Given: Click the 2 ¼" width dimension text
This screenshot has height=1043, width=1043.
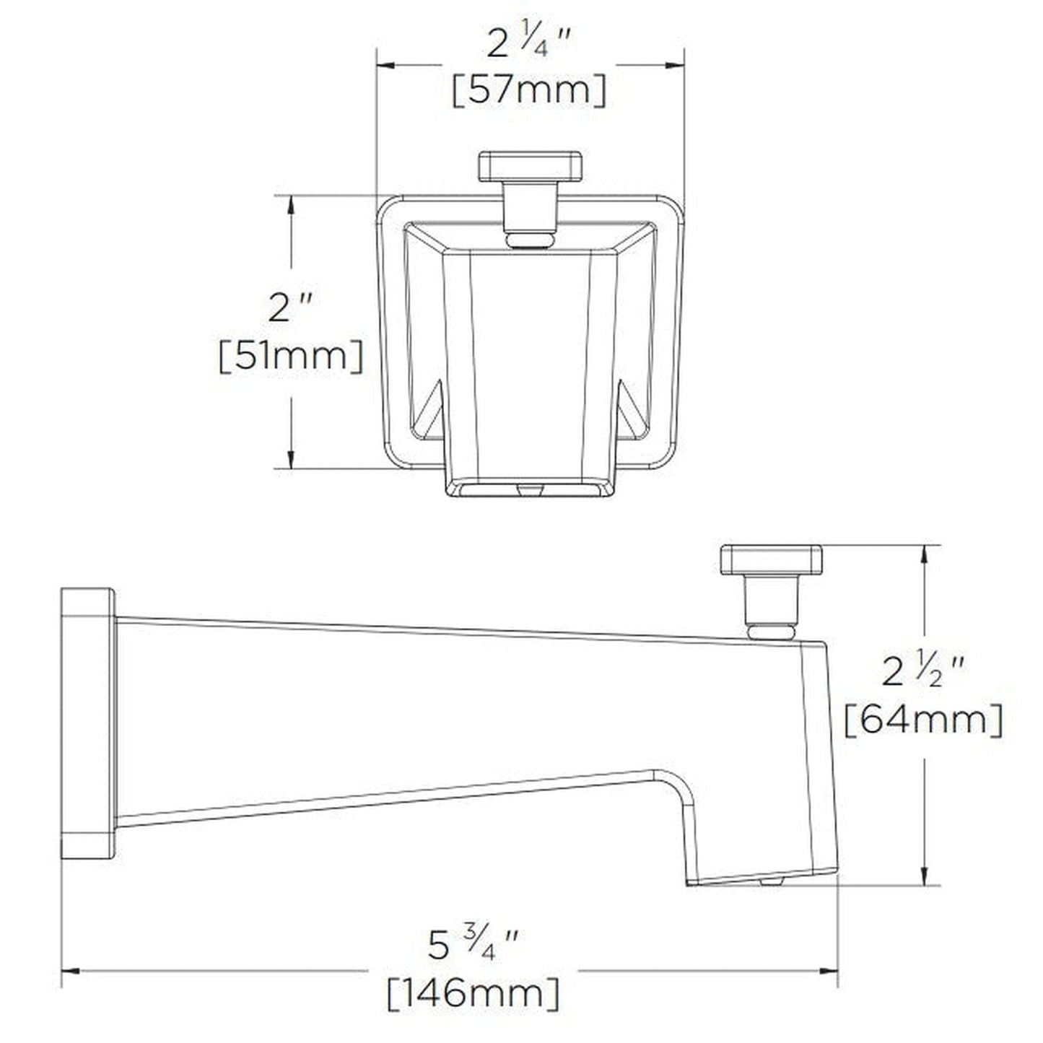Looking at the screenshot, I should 529,45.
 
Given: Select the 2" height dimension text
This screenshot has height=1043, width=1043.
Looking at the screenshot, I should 290,309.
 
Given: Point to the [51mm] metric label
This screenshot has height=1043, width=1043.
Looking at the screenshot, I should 291,357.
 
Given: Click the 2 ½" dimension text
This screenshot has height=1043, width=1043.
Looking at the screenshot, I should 923,673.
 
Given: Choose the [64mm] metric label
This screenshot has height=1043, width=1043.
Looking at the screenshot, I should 923,719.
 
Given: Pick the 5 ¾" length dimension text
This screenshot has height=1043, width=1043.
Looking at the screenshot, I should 473,946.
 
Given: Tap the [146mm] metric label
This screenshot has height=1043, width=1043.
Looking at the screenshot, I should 473,994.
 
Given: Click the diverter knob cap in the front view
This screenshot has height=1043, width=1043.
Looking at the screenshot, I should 530,166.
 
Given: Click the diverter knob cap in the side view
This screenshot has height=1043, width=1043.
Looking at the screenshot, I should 771,560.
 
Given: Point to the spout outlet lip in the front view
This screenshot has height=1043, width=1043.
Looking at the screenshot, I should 530,488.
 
